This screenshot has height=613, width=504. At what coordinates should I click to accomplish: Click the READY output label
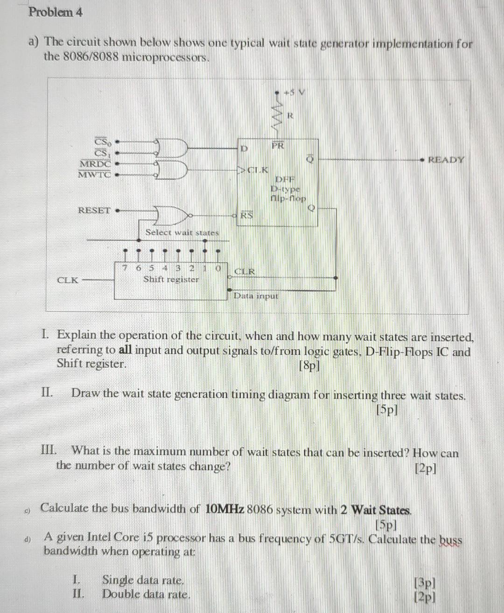[x=446, y=160]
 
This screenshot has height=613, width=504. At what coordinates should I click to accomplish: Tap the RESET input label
[x=94, y=210]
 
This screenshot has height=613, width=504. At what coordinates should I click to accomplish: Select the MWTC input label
[x=94, y=175]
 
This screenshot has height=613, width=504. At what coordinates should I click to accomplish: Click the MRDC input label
[x=95, y=164]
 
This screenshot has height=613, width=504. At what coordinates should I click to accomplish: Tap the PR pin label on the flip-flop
[x=278, y=146]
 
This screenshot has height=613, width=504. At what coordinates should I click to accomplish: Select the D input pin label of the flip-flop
[x=243, y=149]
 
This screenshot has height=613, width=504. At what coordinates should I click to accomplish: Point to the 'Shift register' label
[x=171, y=279]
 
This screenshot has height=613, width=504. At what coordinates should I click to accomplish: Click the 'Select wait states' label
[x=182, y=232]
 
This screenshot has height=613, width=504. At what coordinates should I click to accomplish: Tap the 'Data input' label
[x=256, y=295]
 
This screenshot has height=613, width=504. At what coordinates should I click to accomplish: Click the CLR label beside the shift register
[x=245, y=271]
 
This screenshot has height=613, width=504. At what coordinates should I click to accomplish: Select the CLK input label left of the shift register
[x=67, y=280]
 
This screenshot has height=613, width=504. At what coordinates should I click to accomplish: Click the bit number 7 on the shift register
[x=125, y=268]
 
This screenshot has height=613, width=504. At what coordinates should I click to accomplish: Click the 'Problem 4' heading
[x=56, y=12]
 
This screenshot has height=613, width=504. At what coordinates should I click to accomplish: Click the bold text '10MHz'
[x=224, y=509]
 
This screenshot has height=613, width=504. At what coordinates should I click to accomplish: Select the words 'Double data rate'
[x=146, y=594]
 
